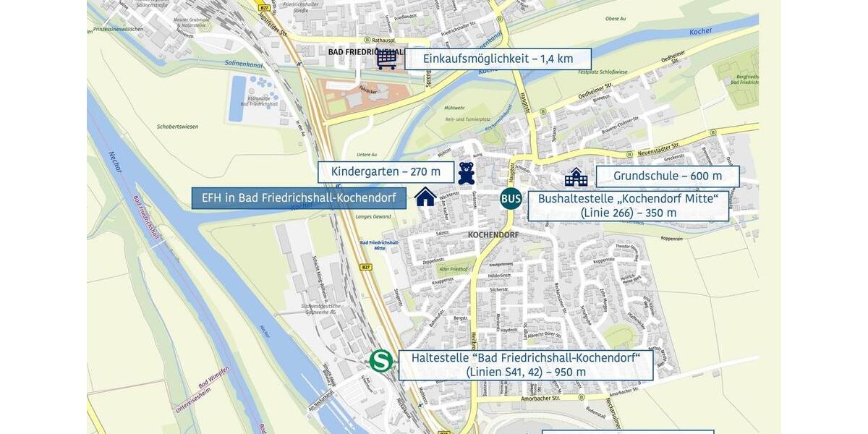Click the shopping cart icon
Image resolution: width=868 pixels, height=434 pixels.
coord(386,59)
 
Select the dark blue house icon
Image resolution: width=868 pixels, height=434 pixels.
coord(425,196)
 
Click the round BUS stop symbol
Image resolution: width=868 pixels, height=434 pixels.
coord(511,198)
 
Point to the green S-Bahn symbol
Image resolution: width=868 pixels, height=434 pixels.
coord(380,361)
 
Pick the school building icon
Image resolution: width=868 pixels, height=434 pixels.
coord(576,176)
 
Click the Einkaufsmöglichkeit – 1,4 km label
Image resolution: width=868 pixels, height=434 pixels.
coord(498,59)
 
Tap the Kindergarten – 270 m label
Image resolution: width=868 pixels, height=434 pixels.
coord(386,172)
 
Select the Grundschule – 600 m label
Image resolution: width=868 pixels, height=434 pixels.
coord(667,176)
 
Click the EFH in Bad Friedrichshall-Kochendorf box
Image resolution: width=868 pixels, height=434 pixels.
coord(299,198)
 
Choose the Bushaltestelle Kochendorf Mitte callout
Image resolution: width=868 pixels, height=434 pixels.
coord(628,205)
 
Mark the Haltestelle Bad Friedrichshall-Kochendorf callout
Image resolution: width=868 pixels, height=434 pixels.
coord(526,365)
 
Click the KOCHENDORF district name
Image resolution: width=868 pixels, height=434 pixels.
coord(493,235)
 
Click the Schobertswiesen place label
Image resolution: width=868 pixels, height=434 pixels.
coord(176,126)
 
